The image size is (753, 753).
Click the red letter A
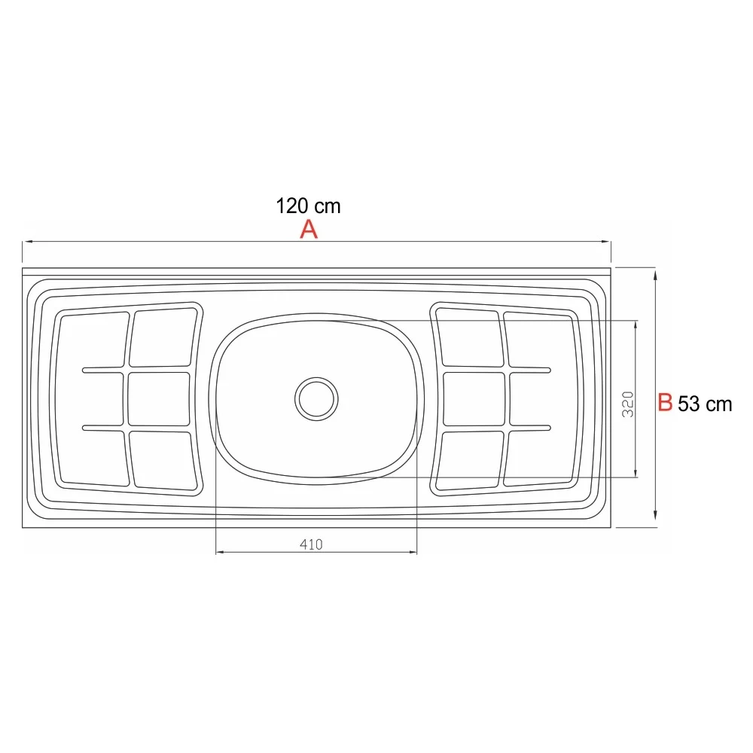pyautogui.click(x=309, y=230)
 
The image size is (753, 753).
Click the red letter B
pyautogui.click(x=665, y=402)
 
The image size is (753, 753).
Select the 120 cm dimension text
pyautogui.click(x=308, y=206)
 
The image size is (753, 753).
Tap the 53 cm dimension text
pyautogui.click(x=705, y=404)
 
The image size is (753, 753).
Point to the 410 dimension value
pyautogui.click(x=310, y=545)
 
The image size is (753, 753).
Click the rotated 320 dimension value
pyautogui.click(x=629, y=404)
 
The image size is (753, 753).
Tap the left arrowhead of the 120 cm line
pyautogui.click(x=27, y=242)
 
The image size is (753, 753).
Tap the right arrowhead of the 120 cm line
pyautogui.click(x=606, y=242)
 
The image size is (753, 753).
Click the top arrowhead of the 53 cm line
pyautogui.click(x=657, y=276)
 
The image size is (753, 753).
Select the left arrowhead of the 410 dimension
pyautogui.click(x=221, y=553)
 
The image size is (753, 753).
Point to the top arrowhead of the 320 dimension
pyautogui.click(x=637, y=325)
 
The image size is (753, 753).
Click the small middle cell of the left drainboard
pyautogui.click(x=158, y=398)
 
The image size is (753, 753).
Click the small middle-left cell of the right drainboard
pyautogui.click(x=474, y=398)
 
